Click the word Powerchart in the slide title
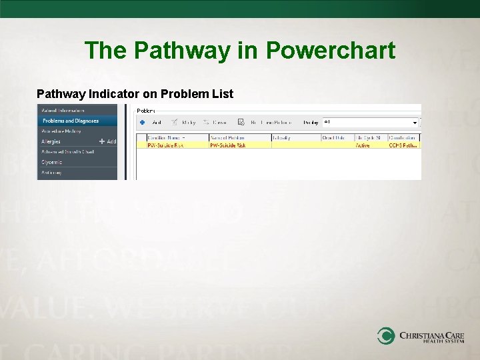click(x=331, y=51)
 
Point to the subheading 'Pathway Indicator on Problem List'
click(x=135, y=94)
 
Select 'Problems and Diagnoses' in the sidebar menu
click(x=71, y=121)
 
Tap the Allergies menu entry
click(x=51, y=141)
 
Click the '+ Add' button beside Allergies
click(x=107, y=141)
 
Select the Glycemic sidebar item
click(x=52, y=162)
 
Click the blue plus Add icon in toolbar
click(x=143, y=123)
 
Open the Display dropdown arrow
click(x=415, y=123)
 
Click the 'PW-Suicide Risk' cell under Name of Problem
click(x=228, y=145)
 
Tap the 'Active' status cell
click(x=363, y=145)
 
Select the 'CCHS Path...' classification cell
click(x=404, y=145)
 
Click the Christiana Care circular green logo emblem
click(x=386, y=335)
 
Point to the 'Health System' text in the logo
click(x=443, y=342)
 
